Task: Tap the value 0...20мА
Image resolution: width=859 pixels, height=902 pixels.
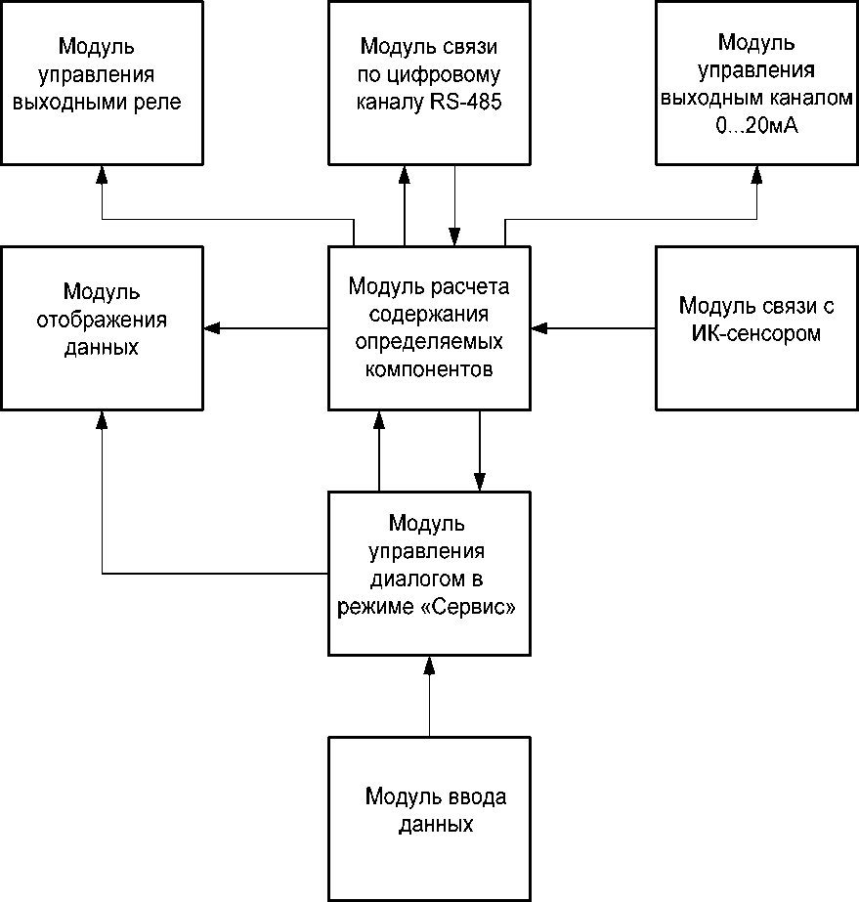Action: (756, 126)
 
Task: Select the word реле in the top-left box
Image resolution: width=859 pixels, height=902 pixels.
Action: (157, 102)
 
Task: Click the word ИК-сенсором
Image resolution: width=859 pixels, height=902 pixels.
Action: (756, 333)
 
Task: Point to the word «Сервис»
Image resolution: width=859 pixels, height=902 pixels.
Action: (476, 606)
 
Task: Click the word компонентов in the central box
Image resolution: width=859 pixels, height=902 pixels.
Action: (429, 370)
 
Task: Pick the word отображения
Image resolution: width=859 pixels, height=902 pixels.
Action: (102, 320)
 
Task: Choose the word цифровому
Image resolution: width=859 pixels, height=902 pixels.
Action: (456, 74)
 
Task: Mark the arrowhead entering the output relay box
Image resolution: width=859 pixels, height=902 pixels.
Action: (102, 174)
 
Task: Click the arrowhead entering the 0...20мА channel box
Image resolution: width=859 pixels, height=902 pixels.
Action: (756, 174)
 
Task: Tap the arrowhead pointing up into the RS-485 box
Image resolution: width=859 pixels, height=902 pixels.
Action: (404, 174)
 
